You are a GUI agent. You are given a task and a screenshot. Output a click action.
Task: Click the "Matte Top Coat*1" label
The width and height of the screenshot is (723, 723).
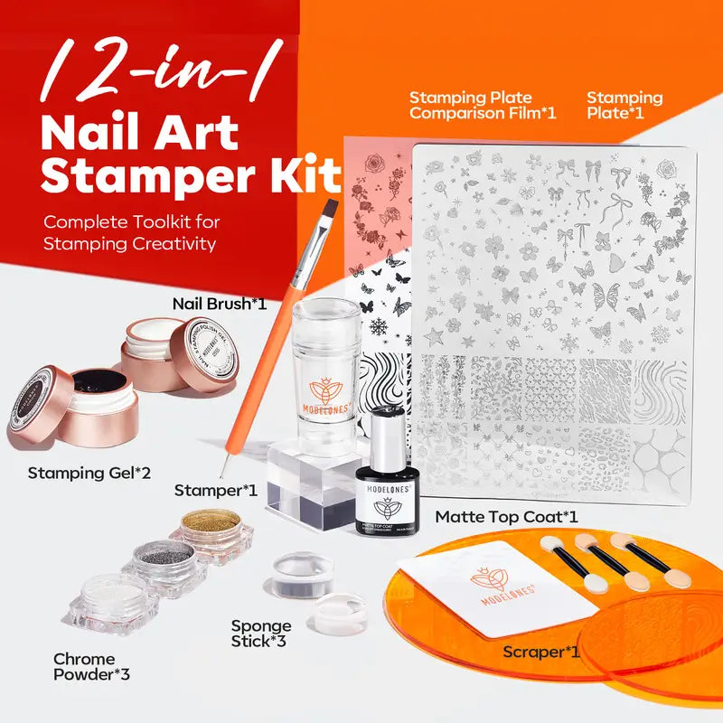point(506,517)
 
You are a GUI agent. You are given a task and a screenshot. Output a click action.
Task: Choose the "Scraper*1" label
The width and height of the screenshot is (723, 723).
point(540,652)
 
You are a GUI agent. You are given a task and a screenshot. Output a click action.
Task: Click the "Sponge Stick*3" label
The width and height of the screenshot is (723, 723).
point(260,633)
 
